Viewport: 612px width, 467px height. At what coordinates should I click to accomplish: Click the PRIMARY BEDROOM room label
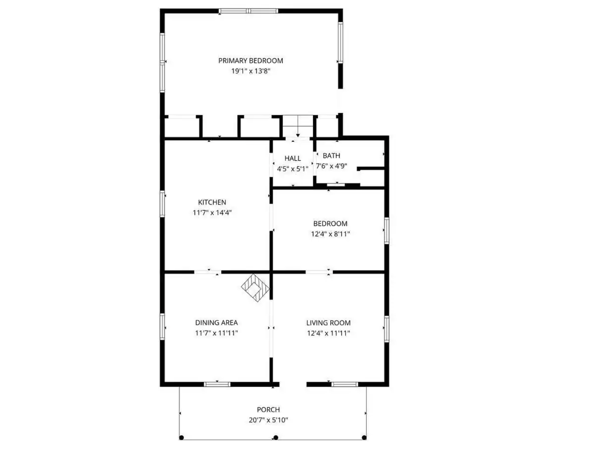[x=250, y=61]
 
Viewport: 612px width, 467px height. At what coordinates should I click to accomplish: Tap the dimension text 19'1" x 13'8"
[x=250, y=71]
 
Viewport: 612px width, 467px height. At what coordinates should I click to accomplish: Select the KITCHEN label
[x=212, y=202]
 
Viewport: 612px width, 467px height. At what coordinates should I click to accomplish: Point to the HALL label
[x=293, y=158]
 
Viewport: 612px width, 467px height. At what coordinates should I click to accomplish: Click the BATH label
[x=331, y=156]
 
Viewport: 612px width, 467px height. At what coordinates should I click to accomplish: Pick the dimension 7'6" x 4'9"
[x=331, y=166]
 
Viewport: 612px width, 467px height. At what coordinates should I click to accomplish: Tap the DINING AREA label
[x=216, y=323]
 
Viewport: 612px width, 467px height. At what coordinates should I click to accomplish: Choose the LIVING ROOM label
[x=328, y=323]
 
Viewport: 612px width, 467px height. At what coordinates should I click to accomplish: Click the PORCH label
[x=268, y=410]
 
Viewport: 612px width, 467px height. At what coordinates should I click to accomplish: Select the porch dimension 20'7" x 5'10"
[x=268, y=420]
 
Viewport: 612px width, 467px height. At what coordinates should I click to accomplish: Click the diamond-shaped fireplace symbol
[x=255, y=288]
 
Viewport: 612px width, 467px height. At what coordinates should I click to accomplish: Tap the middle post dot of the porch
[x=276, y=438]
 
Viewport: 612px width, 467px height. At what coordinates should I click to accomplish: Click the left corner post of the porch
[x=181, y=438]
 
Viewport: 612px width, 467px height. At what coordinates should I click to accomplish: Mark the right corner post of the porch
[x=364, y=438]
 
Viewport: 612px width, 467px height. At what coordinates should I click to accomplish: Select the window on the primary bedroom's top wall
[x=248, y=11]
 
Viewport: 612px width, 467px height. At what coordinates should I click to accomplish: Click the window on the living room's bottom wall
[x=345, y=384]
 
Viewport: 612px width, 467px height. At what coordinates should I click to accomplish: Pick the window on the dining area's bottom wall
[x=217, y=384]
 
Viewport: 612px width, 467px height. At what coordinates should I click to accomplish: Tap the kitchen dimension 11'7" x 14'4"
[x=212, y=213]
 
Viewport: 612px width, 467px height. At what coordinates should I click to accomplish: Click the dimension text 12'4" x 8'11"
[x=330, y=234]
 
